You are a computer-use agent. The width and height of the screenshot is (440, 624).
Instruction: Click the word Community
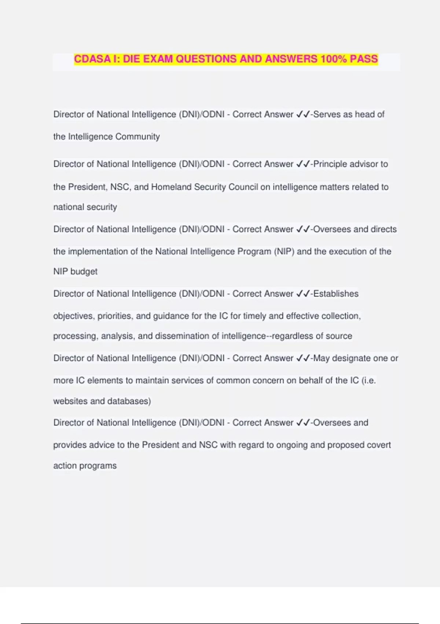(137, 137)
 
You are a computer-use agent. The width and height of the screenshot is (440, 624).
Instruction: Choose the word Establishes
(336, 294)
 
